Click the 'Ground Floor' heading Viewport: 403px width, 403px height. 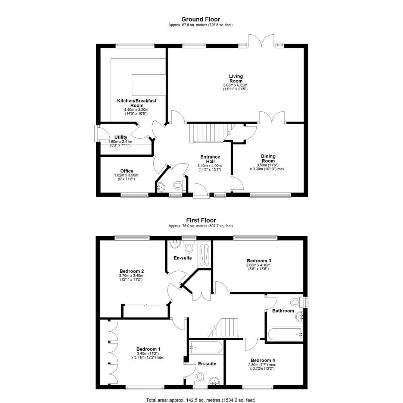tap(201, 19)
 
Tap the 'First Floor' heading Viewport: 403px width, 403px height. tap(201, 220)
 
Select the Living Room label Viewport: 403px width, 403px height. tap(236, 78)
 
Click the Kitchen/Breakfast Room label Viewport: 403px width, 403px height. tap(137, 103)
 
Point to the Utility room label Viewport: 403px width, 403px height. tap(121, 137)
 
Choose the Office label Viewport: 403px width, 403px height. tap(127, 171)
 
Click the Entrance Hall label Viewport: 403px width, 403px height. tap(210, 159)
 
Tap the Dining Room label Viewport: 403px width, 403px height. tap(268, 158)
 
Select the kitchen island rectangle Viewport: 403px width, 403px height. tap(149, 85)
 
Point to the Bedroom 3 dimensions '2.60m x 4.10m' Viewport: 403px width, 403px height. tap(259, 265)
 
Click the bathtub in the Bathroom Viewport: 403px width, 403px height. tap(285, 334)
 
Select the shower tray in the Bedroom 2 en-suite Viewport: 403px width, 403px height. tap(204, 254)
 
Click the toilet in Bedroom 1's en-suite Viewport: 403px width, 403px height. tap(200, 377)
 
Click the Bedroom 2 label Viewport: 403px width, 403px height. tap(132, 271)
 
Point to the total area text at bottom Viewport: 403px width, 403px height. tap(201, 400)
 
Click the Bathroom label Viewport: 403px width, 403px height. tap(283, 311)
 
